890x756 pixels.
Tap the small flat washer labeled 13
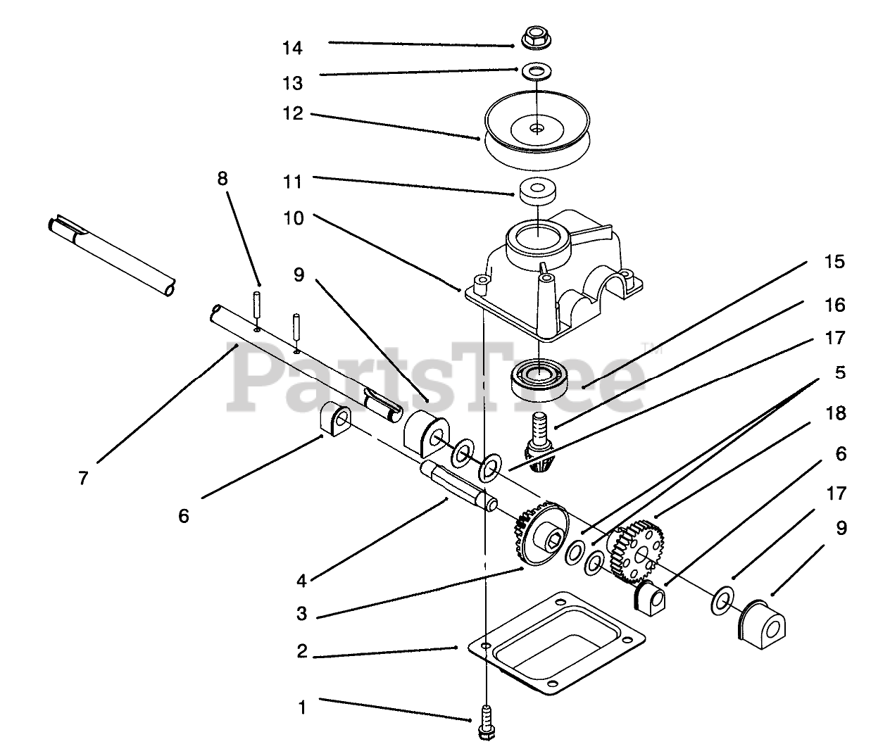[537, 70]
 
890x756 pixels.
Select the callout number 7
[84, 479]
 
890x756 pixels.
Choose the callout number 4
[301, 581]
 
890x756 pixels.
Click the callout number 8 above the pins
[222, 179]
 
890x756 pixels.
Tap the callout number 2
[302, 651]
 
